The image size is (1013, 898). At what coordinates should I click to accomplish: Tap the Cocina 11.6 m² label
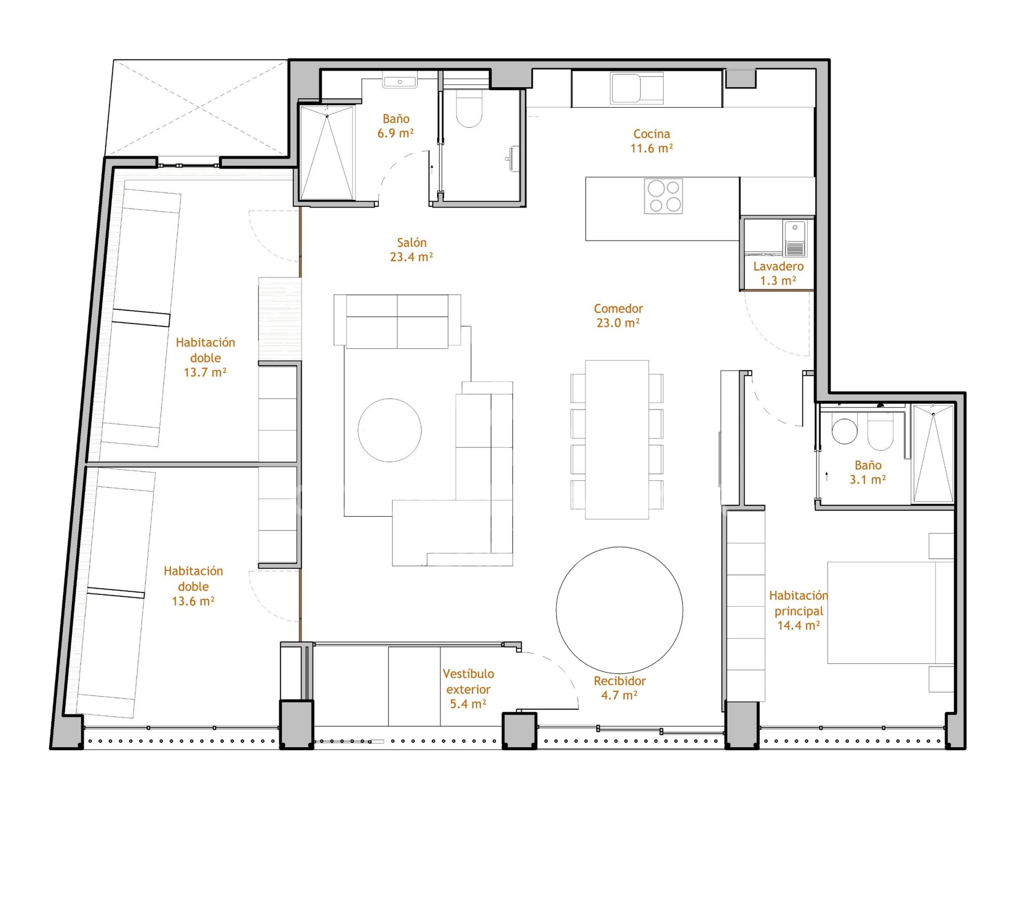click(x=651, y=141)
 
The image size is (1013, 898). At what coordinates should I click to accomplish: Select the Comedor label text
click(x=618, y=309)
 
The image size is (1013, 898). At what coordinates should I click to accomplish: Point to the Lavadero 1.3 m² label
click(x=778, y=273)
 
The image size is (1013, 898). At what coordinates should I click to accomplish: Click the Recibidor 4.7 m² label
click(x=619, y=688)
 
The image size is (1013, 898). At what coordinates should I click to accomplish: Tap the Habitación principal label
click(x=799, y=603)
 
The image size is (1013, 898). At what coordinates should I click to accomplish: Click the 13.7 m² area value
click(x=205, y=373)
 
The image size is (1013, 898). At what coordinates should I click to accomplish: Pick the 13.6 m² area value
click(x=193, y=601)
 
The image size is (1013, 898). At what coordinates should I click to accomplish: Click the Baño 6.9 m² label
click(x=396, y=126)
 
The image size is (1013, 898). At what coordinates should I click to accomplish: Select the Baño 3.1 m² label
click(x=868, y=472)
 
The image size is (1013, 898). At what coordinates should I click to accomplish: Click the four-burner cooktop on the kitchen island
click(x=664, y=196)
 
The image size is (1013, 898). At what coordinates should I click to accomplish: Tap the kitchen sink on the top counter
click(x=637, y=88)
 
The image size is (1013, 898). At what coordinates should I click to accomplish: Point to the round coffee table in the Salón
click(x=389, y=430)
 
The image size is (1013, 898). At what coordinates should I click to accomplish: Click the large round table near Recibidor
click(x=619, y=610)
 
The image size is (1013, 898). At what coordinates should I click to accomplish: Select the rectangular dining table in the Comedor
click(x=617, y=439)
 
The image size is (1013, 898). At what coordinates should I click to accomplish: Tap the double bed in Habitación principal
click(x=890, y=613)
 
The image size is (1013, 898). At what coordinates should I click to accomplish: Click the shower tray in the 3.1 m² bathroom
click(x=933, y=453)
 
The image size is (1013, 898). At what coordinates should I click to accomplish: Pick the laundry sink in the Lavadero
click(x=795, y=238)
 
